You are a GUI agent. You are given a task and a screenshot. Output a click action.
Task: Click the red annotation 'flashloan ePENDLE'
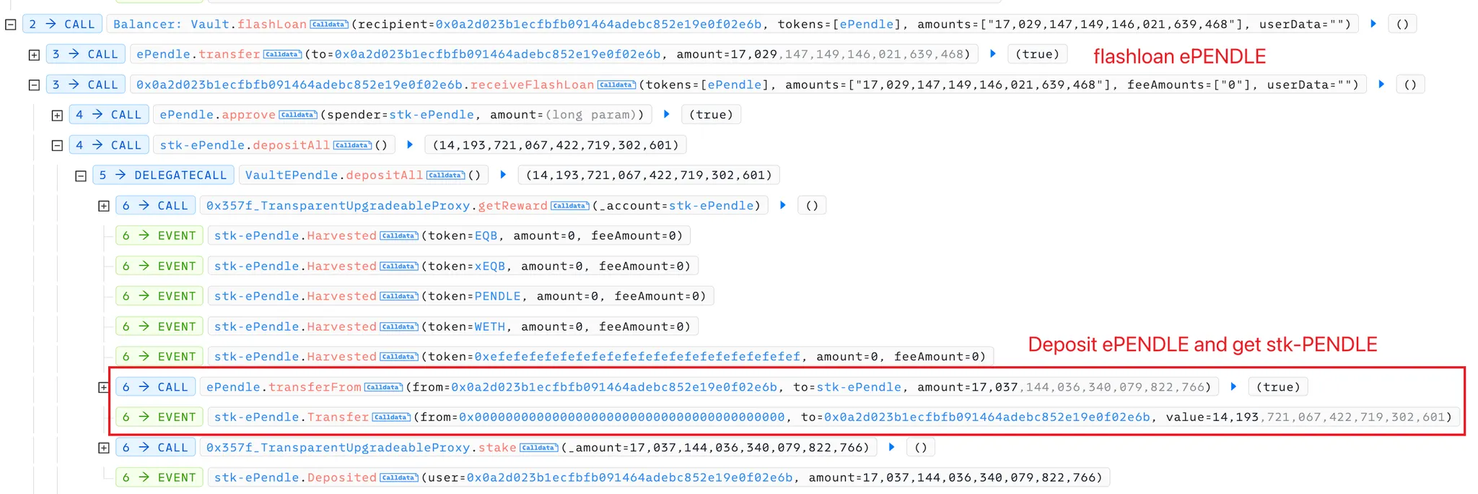tap(1179, 56)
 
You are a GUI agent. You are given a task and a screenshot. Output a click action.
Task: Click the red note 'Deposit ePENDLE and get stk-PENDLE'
tap(1202, 344)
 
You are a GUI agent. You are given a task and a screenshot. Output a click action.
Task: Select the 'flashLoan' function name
tap(272, 24)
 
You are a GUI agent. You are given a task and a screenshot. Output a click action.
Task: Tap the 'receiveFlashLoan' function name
tap(532, 84)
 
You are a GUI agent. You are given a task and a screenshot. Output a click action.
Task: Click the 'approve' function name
tap(248, 115)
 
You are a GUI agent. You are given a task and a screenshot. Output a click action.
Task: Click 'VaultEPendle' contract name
tap(292, 175)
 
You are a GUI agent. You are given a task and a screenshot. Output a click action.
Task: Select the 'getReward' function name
tap(512, 206)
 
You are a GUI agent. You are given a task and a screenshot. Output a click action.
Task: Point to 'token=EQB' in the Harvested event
tap(463, 236)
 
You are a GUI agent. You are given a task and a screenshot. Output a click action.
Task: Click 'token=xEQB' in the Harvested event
tap(466, 266)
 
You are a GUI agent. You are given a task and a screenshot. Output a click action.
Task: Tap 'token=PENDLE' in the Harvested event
tap(474, 296)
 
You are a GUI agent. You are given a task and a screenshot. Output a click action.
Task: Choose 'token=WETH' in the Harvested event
tap(466, 326)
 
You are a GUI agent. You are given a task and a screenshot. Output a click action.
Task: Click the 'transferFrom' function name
tap(315, 387)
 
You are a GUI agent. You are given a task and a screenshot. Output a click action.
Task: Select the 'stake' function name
tap(497, 448)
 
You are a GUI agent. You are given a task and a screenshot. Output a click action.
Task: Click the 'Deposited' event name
tap(342, 477)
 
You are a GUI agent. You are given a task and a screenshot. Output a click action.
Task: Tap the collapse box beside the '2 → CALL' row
tap(10, 24)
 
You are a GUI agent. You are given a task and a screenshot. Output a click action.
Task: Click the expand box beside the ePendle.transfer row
tap(34, 54)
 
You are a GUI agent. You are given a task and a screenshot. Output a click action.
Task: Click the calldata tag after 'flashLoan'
tap(329, 25)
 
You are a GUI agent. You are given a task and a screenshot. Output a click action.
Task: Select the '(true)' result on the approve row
tap(711, 115)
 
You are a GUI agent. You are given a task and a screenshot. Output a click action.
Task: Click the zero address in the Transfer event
tap(622, 417)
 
